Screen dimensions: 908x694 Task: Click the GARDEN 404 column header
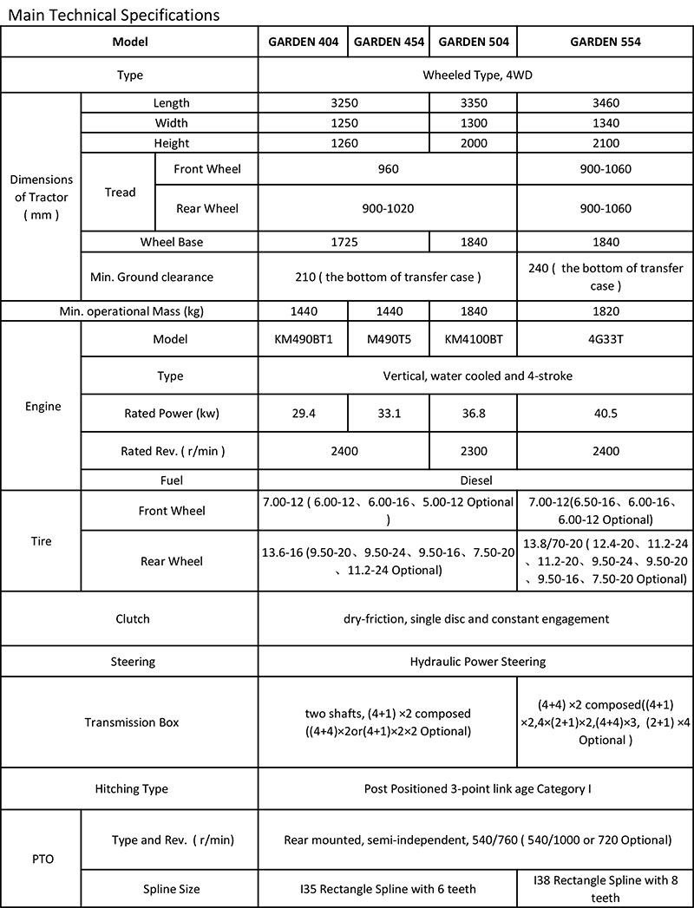pyautogui.click(x=303, y=42)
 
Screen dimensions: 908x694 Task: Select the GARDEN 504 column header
pyautogui.click(x=474, y=42)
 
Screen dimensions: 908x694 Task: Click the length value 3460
pyautogui.click(x=605, y=102)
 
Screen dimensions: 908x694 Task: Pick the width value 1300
pyautogui.click(x=474, y=122)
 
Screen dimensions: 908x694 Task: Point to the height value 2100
pyautogui.click(x=605, y=143)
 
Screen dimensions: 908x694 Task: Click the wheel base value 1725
pyautogui.click(x=344, y=242)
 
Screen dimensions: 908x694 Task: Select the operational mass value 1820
pyautogui.click(x=605, y=310)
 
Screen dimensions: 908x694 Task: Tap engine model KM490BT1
pyautogui.click(x=303, y=339)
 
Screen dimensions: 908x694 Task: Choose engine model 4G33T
pyautogui.click(x=605, y=339)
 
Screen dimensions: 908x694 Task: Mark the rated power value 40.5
pyautogui.click(x=605, y=414)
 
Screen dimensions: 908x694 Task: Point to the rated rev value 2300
pyautogui.click(x=474, y=451)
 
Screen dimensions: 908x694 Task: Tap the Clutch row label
pyautogui.click(x=133, y=618)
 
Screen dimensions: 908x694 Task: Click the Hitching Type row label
pyautogui.click(x=131, y=789)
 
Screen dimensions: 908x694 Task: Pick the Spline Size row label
pyautogui.click(x=171, y=889)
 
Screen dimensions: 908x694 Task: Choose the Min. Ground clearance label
pyautogui.click(x=152, y=277)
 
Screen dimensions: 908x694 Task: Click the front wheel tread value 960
pyautogui.click(x=389, y=168)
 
